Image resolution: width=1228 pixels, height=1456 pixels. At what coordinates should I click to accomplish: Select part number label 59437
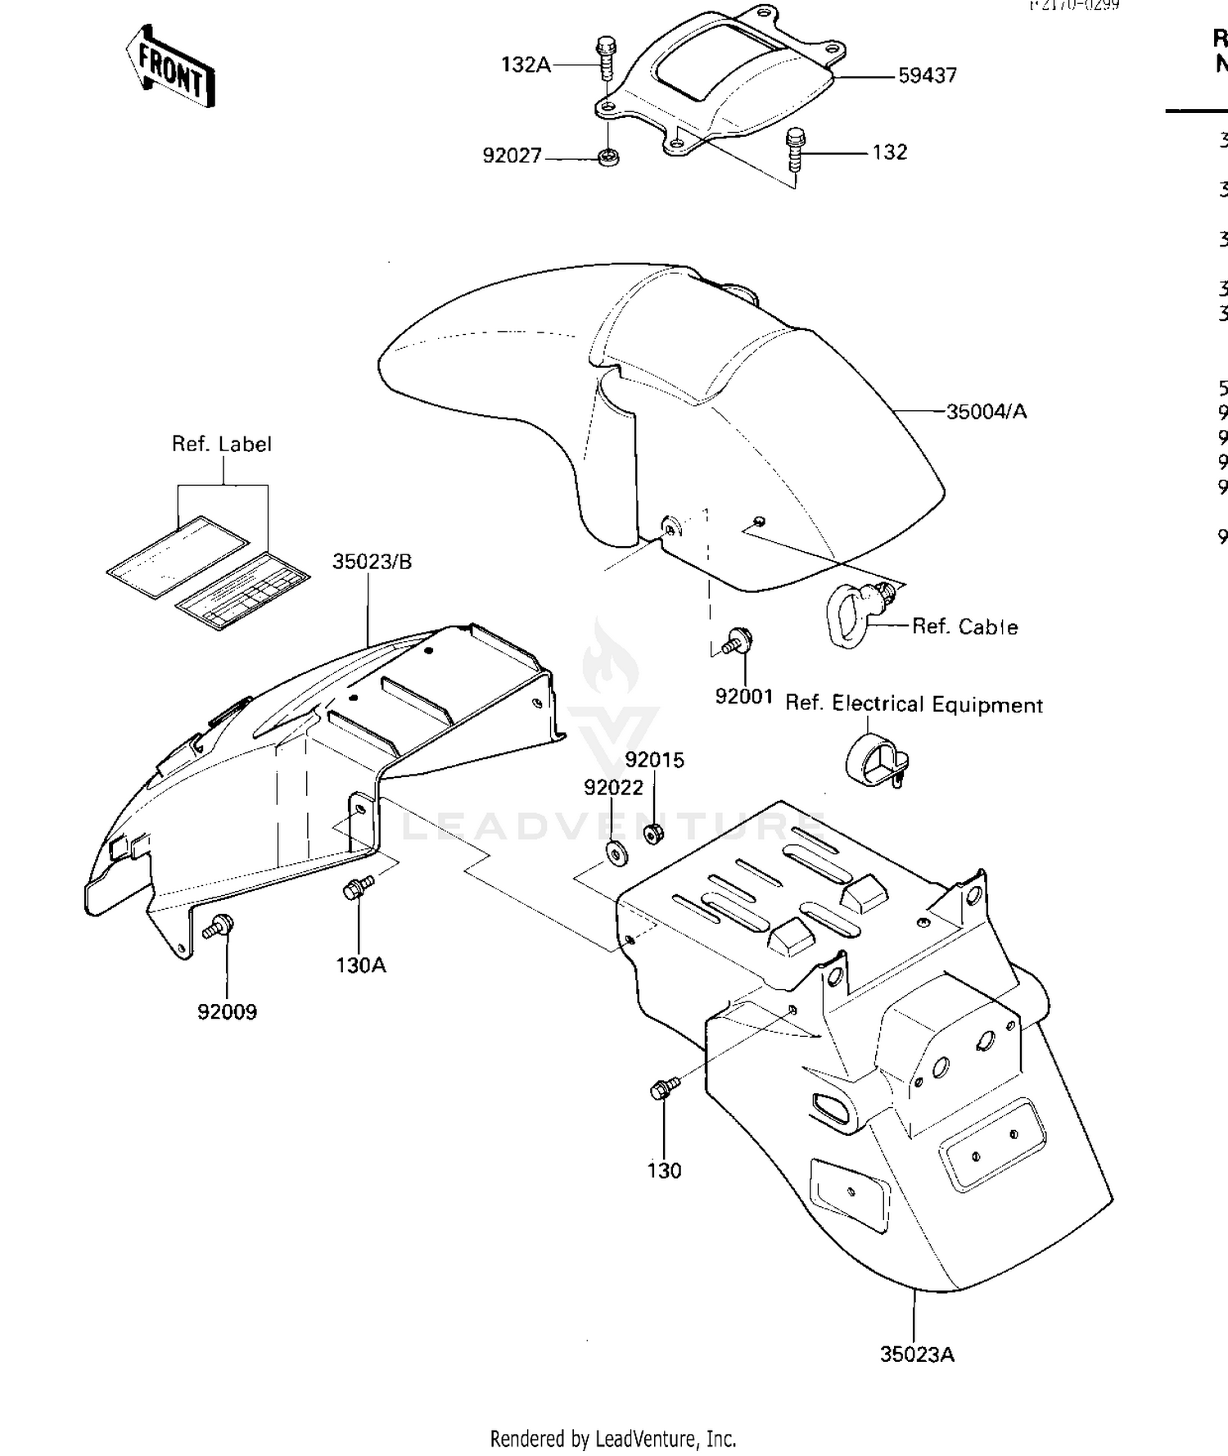tap(927, 75)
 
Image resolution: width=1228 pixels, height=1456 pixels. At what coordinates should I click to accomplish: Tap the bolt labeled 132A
tap(606, 57)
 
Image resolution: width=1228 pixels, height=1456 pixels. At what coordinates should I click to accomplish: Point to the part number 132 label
tap(890, 152)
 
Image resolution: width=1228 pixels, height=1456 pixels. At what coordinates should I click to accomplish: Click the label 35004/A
tap(986, 411)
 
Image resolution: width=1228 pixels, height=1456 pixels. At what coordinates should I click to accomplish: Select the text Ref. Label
tap(221, 444)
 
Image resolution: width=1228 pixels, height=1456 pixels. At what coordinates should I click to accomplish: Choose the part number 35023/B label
tap(372, 562)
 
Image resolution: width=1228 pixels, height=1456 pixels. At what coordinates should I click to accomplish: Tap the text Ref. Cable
tap(964, 626)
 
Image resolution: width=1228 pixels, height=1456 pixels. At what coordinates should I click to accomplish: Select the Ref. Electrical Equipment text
tap(914, 704)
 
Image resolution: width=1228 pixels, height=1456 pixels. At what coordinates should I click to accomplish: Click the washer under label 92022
tap(616, 852)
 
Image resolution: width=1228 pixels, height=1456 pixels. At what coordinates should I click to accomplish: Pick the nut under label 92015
tap(653, 834)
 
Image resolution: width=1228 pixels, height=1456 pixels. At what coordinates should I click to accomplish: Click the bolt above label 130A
tap(358, 888)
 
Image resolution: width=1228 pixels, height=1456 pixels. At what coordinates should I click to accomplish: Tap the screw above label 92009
tap(219, 927)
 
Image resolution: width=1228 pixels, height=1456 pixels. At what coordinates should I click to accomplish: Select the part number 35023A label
tap(917, 1354)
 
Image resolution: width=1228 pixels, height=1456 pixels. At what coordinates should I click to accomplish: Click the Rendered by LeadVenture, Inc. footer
tap(612, 1439)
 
